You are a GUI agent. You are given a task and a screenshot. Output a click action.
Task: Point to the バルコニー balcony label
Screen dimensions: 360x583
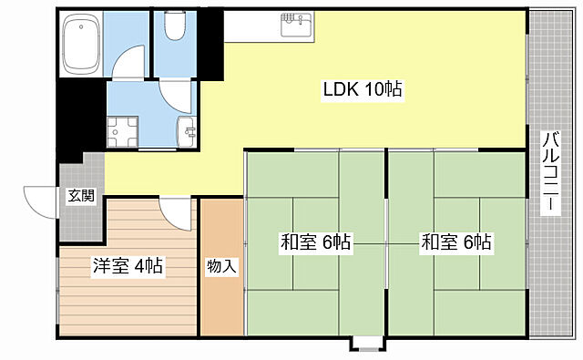coord(552,173)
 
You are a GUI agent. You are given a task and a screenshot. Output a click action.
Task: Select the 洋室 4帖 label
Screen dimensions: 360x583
coord(128,267)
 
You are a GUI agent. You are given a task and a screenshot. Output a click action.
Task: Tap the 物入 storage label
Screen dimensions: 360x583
coord(221,267)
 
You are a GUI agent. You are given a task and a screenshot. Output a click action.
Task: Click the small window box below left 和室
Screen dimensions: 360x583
coord(365,344)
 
